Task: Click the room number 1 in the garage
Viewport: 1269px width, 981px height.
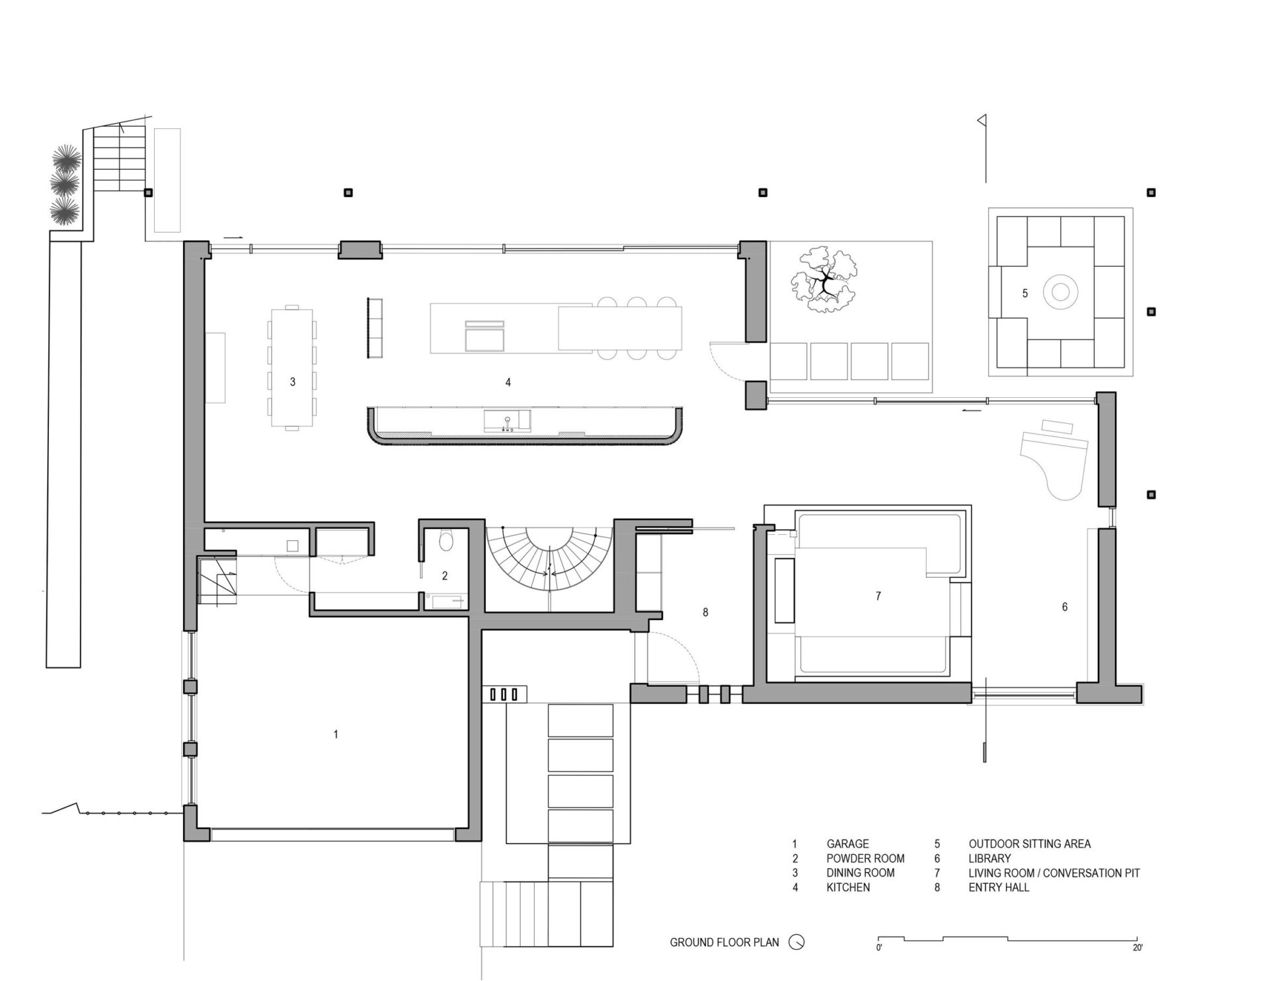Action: (336, 734)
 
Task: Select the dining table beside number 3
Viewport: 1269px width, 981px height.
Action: (292, 368)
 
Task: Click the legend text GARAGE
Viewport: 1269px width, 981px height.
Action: (847, 844)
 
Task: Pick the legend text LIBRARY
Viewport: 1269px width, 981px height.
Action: (989, 859)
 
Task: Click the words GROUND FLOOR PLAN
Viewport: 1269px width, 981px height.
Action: (724, 943)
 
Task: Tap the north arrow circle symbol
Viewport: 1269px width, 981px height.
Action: (797, 943)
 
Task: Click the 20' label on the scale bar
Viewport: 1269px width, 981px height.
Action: (1137, 948)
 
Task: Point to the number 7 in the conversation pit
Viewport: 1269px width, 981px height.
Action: (878, 596)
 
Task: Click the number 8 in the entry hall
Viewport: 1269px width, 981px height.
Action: (705, 613)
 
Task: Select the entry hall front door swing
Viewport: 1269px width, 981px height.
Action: (673, 658)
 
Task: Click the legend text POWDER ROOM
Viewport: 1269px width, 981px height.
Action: (865, 859)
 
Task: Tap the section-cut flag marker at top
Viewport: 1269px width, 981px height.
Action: (982, 120)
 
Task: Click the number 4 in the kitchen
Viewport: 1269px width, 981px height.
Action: (508, 382)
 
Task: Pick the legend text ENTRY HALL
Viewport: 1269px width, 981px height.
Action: (999, 888)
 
